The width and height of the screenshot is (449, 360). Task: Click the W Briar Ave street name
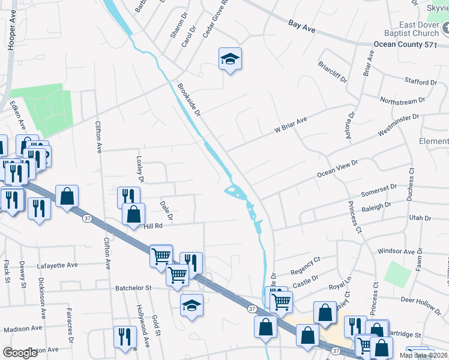(x=291, y=124)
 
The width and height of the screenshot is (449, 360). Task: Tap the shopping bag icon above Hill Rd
(x=133, y=214)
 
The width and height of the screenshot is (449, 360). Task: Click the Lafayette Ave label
(x=58, y=265)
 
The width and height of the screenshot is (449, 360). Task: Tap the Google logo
(x=20, y=353)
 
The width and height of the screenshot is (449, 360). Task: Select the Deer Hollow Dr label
(x=424, y=301)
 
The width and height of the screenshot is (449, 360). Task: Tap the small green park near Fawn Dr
(x=396, y=274)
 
